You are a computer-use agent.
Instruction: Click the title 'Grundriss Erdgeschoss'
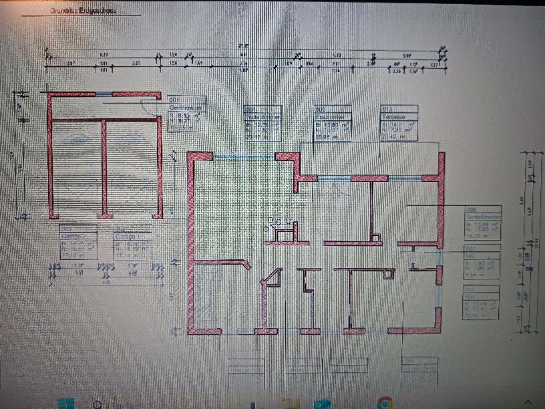click(83, 11)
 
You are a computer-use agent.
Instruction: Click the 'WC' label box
click(482, 261)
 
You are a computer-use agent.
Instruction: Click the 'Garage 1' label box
click(132, 241)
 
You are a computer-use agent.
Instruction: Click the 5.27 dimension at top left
click(85, 55)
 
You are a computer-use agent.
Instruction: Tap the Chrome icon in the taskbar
click(383, 403)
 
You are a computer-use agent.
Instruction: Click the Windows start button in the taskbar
click(65, 404)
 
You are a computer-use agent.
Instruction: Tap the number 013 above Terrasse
click(386, 108)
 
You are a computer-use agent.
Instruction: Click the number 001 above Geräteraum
click(175, 100)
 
